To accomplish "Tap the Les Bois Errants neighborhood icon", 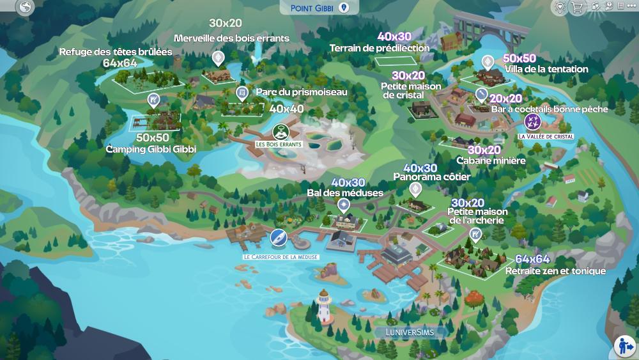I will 279,132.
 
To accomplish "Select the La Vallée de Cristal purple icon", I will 532,121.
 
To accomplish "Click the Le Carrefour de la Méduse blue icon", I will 277,238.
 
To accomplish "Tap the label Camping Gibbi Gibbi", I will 151,148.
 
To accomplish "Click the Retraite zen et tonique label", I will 555,270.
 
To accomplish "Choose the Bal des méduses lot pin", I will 344,205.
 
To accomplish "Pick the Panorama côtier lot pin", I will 415,189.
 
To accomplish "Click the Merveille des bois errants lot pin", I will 219,59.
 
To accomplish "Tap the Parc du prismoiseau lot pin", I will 242,94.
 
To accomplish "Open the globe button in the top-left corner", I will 26,7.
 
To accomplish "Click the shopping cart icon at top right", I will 578,8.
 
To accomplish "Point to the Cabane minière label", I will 491,160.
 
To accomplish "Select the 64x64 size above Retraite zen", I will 532,259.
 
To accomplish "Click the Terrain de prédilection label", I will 380,48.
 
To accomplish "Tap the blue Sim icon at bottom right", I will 624,346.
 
